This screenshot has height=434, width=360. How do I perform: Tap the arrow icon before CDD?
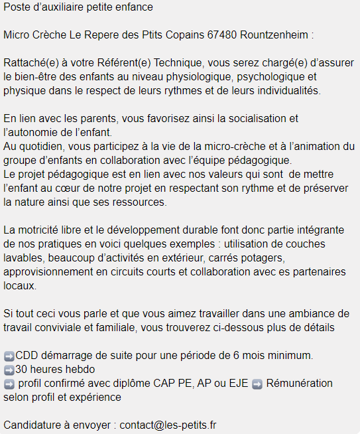tap(9, 356)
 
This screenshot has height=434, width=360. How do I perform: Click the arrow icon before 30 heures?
tap(9, 370)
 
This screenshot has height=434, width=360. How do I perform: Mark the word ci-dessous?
tap(239, 327)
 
